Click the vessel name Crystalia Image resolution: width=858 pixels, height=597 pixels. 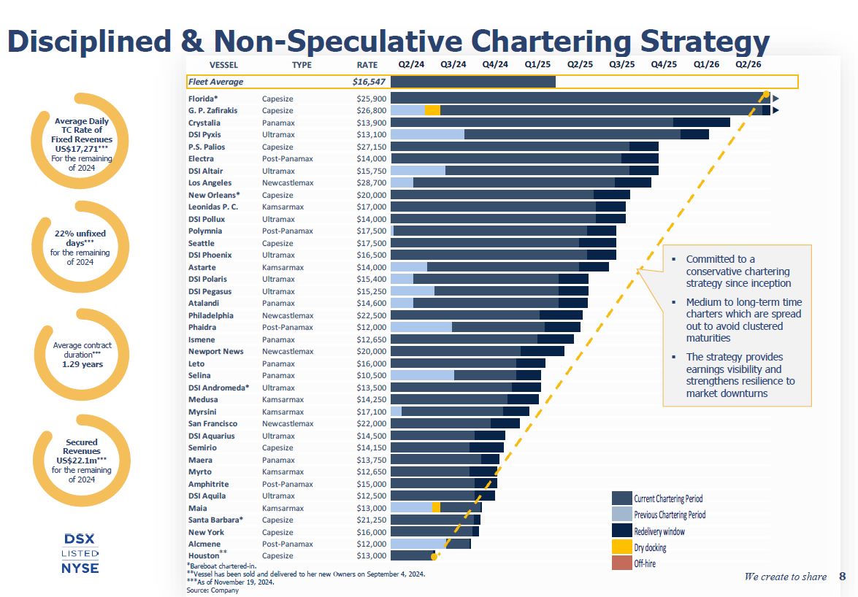click(x=205, y=123)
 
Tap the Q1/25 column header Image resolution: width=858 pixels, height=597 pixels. click(x=537, y=65)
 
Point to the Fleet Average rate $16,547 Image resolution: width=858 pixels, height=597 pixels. click(x=369, y=82)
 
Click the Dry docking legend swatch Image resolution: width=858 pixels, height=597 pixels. click(x=621, y=547)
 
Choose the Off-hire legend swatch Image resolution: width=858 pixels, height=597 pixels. click(x=621, y=563)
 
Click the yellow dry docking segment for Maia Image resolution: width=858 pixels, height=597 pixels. click(x=436, y=508)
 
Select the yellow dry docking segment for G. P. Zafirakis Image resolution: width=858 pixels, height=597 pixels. click(x=432, y=110)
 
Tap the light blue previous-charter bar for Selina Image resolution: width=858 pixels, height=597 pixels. click(x=422, y=375)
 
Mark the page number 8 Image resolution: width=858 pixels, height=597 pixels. click(x=842, y=577)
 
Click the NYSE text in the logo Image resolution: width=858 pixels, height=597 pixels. click(x=80, y=568)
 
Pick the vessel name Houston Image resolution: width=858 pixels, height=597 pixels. click(x=204, y=556)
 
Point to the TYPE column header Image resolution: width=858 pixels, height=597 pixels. click(x=302, y=65)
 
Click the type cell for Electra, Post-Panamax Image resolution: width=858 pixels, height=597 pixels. click(x=288, y=158)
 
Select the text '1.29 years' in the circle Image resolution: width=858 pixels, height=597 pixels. click(x=83, y=363)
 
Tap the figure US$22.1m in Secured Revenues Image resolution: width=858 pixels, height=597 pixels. click(x=81, y=461)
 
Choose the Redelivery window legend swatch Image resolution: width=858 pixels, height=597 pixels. click(x=621, y=531)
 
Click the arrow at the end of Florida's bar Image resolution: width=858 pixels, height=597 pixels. click(x=775, y=99)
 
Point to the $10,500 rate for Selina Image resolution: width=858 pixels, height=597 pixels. click(x=372, y=375)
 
